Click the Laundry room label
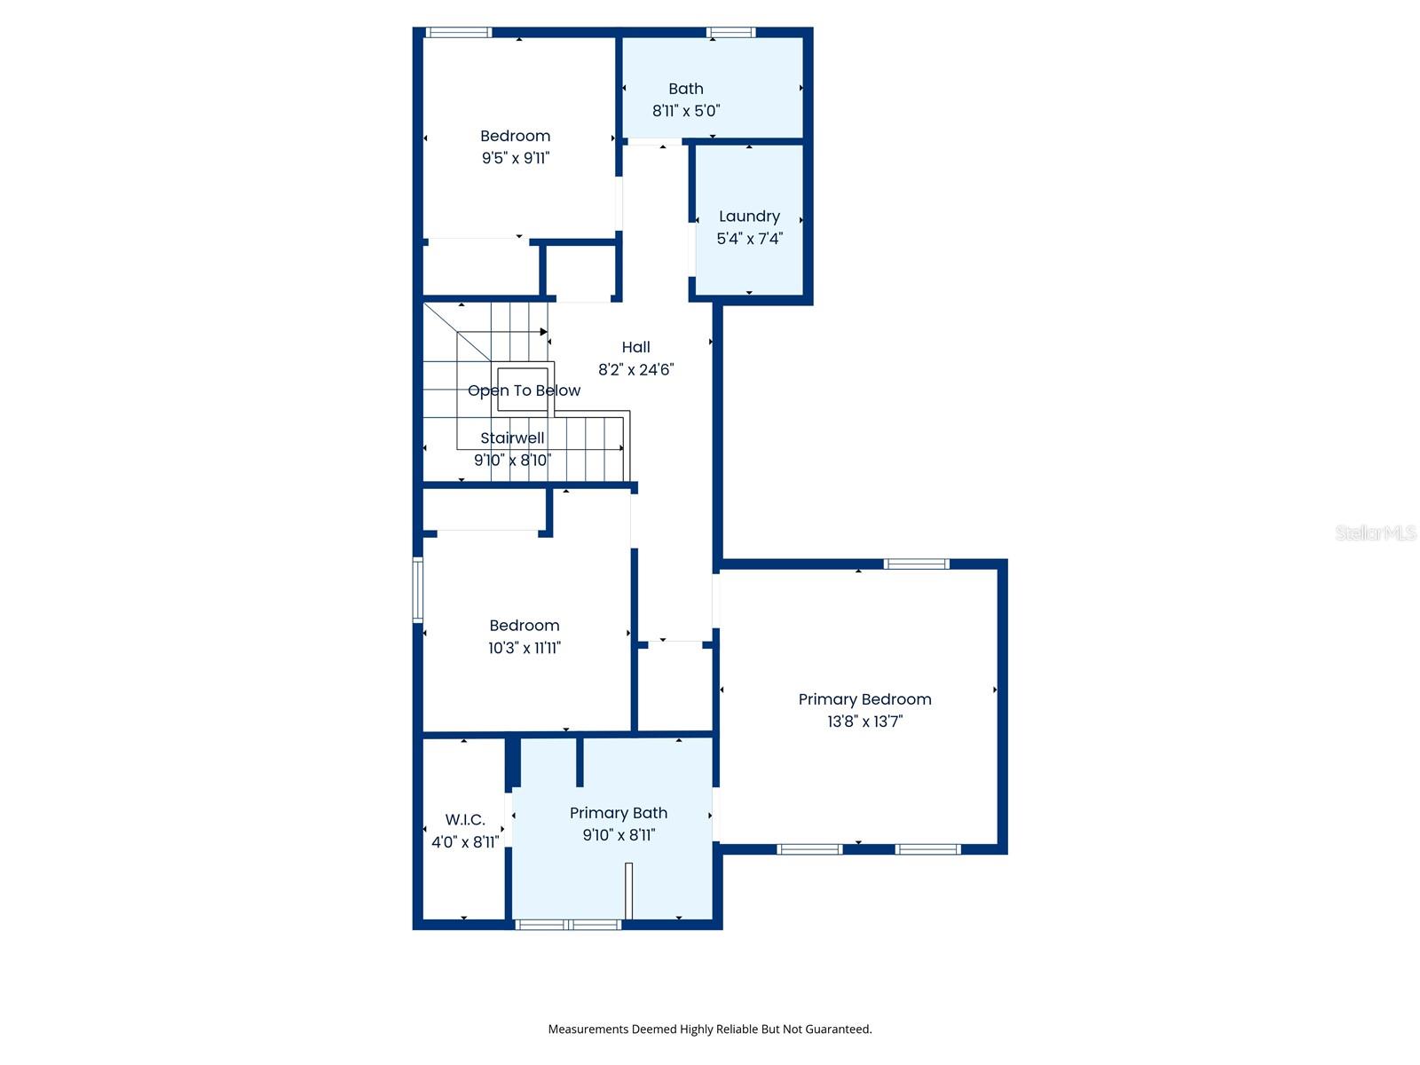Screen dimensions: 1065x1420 pos(749,217)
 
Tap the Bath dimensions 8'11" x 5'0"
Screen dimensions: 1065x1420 pos(686,111)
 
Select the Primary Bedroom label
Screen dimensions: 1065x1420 pos(864,699)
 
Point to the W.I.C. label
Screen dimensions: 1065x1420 pos(465,820)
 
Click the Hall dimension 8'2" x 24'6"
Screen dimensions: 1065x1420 pos(635,369)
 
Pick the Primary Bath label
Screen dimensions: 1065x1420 pos(618,813)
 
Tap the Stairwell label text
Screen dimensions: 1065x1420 pos(512,438)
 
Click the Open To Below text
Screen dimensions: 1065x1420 pos(524,390)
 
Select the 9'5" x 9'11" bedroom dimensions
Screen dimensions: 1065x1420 pos(516,158)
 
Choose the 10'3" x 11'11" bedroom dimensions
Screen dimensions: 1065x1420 pos(524,648)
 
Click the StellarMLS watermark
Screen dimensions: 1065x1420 pos(1376,532)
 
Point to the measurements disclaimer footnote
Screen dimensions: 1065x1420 pos(709,1029)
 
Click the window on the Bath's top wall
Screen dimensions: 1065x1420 pos(731,33)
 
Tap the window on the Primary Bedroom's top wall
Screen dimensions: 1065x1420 pos(916,564)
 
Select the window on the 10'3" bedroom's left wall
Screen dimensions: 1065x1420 pos(418,589)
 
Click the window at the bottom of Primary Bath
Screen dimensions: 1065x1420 pos(568,925)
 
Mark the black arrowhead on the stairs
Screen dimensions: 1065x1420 pos(544,332)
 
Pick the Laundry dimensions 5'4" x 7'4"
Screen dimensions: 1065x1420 pos(749,239)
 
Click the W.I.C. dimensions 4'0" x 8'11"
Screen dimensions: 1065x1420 pos(465,842)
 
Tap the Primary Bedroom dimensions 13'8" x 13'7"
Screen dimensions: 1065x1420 pos(864,722)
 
